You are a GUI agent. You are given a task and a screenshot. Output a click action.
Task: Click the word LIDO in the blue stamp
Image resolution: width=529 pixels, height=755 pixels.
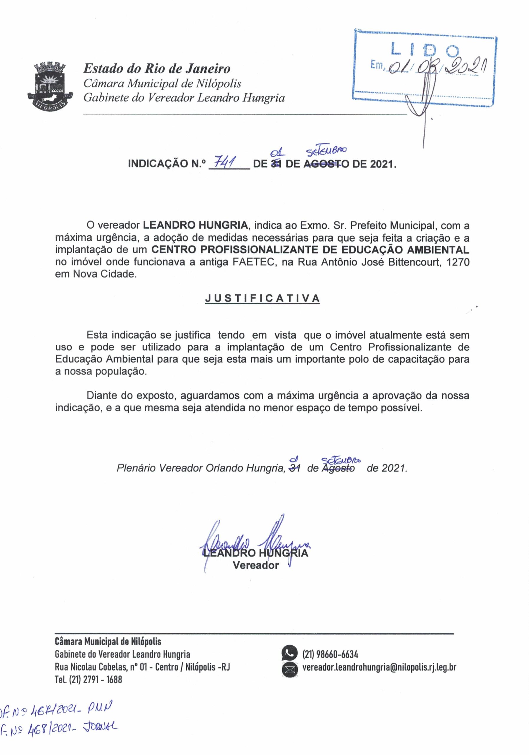[x=425, y=50]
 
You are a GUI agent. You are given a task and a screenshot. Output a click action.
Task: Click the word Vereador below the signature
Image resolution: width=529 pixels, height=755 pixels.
[x=256, y=565]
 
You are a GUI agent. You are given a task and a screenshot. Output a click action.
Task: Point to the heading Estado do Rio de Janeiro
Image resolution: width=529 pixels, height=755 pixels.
[x=157, y=69]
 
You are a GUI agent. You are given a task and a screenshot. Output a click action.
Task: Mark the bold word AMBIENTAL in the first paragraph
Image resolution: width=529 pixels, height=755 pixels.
[x=438, y=250]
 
